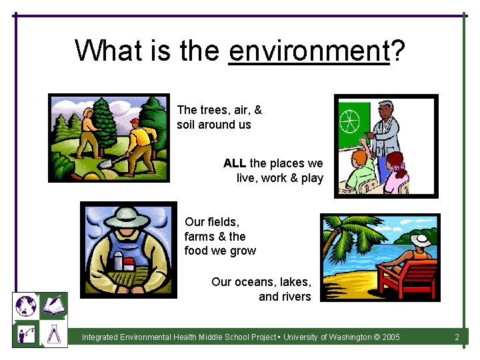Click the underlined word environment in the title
pos(308,51)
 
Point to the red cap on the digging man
pos(135,122)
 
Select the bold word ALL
pos(235,163)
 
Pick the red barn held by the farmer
pos(126,265)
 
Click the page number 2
pos(457,337)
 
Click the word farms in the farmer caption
pos(198,237)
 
